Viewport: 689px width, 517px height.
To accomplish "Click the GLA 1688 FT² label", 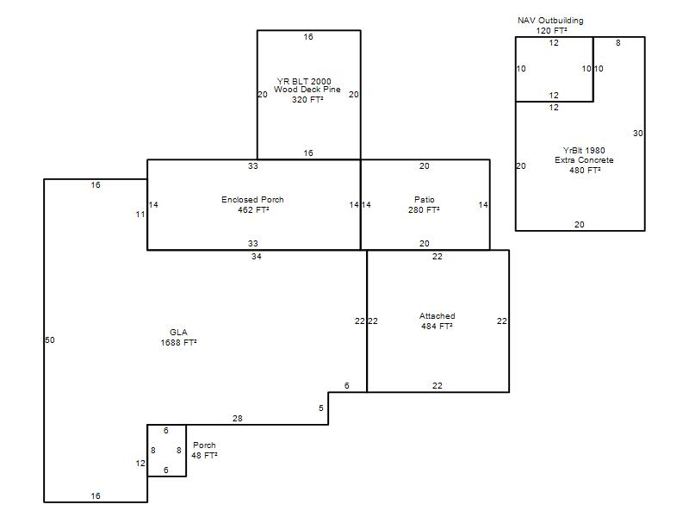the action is pos(178,337).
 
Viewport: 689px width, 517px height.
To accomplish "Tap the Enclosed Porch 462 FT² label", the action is pos(252,204).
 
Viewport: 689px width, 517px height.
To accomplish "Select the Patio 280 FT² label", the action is pos(424,204).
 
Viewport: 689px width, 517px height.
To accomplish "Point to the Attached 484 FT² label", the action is pos(438,321).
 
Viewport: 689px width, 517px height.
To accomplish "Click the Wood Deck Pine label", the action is pos(307,90).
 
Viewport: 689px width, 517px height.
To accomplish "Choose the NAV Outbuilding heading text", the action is pos(550,20).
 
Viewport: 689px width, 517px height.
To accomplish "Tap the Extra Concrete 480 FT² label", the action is pos(584,165).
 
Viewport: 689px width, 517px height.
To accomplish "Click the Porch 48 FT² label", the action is pos(204,450).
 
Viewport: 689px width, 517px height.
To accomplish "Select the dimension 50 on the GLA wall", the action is pos(50,339).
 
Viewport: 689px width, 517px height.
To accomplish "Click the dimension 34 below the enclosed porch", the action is pos(256,256).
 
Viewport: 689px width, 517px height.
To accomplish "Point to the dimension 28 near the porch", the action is pos(238,419).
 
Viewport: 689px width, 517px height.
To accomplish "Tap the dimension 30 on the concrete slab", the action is pos(637,134).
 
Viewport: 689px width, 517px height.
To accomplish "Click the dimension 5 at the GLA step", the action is pos(321,408).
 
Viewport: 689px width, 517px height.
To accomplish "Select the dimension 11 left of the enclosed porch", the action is pos(140,214).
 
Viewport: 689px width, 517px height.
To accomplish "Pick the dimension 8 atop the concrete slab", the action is pos(618,42).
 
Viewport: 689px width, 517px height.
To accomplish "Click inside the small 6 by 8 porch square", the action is pos(166,450).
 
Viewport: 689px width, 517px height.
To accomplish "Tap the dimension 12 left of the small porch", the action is pos(140,463).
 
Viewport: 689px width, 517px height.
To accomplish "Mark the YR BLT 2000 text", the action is pos(304,81).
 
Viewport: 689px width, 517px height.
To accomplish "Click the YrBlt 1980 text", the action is pos(584,150).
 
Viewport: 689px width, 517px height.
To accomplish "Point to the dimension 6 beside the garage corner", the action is pos(347,385).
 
